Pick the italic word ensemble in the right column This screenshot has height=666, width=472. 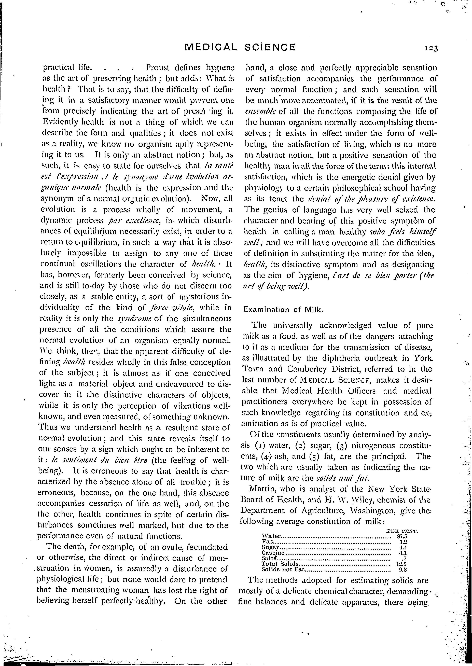click(x=261, y=112)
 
